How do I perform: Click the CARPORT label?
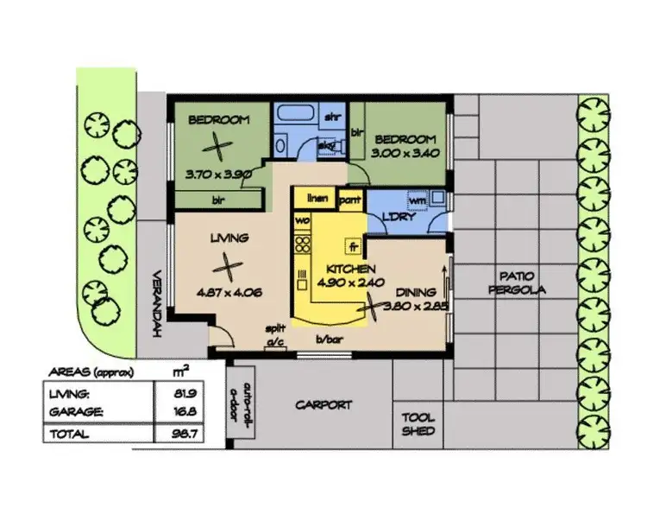[x=324, y=404]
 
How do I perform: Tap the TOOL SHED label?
[x=418, y=423]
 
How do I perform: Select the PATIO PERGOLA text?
[x=516, y=284]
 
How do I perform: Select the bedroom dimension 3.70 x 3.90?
[x=218, y=174]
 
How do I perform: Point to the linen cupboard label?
[x=317, y=199]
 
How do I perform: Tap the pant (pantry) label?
[x=349, y=200]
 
